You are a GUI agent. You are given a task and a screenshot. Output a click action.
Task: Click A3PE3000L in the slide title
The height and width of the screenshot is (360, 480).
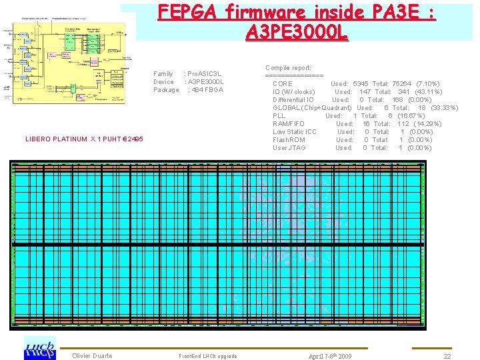coord(297,31)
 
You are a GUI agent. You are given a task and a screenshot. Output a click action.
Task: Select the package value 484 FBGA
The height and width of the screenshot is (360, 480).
coord(206,89)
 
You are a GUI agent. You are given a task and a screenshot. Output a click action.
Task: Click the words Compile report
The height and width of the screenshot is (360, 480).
coord(288,68)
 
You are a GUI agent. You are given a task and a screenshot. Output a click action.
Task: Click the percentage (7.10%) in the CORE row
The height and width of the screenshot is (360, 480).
coord(427,84)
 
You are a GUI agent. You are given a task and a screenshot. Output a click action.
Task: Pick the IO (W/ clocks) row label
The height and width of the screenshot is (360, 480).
coord(294,92)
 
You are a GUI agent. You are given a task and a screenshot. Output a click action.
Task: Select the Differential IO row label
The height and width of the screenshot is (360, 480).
coord(293,100)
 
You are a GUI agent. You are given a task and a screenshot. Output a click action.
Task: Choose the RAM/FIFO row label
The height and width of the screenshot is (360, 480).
coord(289,124)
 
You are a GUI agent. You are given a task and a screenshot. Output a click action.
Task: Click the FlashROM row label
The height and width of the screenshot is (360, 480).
coord(289,140)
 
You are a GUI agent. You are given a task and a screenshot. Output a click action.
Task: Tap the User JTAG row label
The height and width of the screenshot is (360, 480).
coord(289,148)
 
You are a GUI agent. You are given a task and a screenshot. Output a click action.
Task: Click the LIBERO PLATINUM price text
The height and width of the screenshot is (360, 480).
coord(84,139)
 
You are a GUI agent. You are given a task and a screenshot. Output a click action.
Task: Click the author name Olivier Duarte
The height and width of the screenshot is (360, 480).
coord(92,356)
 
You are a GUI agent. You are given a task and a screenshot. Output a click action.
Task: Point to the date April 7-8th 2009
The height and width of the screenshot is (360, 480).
coord(330,357)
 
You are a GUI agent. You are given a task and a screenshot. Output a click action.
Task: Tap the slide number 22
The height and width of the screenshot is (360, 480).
coord(447,357)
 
